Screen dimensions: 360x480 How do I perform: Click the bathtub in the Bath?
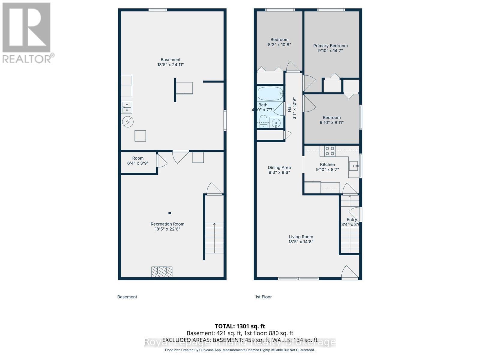coord(270,94)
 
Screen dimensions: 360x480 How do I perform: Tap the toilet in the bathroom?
coord(263,121)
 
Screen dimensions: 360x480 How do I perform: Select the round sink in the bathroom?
coord(276,123)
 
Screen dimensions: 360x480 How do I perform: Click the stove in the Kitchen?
coord(330,151)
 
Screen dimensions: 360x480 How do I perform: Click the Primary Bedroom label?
coord(330,46)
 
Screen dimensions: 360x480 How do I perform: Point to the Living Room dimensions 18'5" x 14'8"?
coord(301,241)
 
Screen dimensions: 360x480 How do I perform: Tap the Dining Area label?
coord(279,167)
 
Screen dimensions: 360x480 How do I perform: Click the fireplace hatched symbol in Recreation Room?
coord(162,271)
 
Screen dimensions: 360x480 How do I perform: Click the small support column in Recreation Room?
coord(169,213)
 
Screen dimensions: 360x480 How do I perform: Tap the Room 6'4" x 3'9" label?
coord(138,160)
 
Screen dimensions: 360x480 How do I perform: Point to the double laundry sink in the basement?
coord(127,107)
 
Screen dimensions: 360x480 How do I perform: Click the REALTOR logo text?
coord(28,58)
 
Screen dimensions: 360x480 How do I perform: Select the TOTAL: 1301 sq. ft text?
coord(240,326)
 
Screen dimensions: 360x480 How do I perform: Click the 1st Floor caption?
coord(263,297)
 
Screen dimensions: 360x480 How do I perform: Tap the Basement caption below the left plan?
coord(127,297)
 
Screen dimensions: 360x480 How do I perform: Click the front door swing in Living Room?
coord(349,272)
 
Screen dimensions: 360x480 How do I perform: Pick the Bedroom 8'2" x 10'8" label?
coord(279,42)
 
